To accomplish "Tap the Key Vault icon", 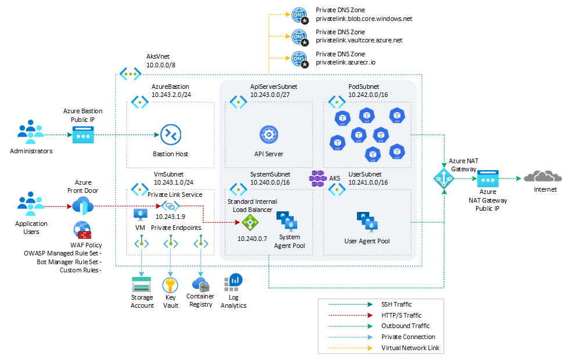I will (170, 285).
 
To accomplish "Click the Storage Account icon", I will (141, 285).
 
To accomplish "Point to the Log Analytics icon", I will (233, 283).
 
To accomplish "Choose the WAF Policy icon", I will (82, 231).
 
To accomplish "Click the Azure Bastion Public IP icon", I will (82, 135).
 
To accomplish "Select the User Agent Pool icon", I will (367, 222).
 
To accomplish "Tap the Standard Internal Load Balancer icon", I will (250, 222).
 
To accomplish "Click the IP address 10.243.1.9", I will (170, 217).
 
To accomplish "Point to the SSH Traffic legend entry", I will (397, 304).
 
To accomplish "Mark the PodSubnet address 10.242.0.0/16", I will (368, 94).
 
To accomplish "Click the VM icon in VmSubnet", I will (140, 215).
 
